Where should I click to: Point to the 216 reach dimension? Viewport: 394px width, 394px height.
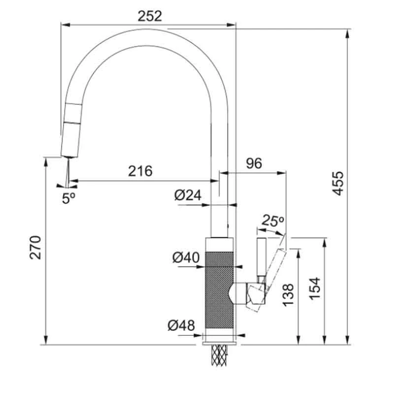(140, 171)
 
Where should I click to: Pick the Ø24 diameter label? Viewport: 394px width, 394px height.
(188, 196)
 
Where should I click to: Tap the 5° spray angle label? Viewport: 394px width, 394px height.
(68, 197)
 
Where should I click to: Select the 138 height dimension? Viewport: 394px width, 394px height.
(289, 295)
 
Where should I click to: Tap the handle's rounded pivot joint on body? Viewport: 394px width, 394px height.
(239, 295)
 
